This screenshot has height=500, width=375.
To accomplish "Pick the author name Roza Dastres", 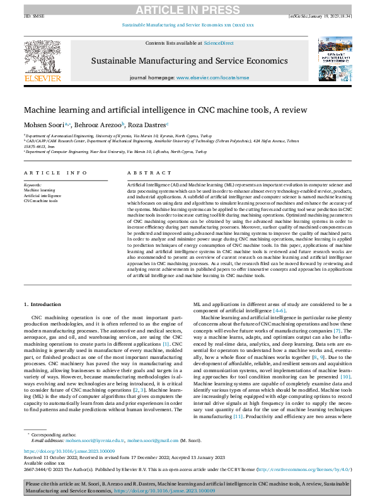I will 147,123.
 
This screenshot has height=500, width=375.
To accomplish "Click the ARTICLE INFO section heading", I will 55,172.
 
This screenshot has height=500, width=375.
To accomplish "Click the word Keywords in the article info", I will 33,185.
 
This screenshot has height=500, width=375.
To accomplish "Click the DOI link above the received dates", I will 69,452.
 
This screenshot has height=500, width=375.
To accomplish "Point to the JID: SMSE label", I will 33,16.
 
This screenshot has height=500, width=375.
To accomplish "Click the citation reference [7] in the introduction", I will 338,330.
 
